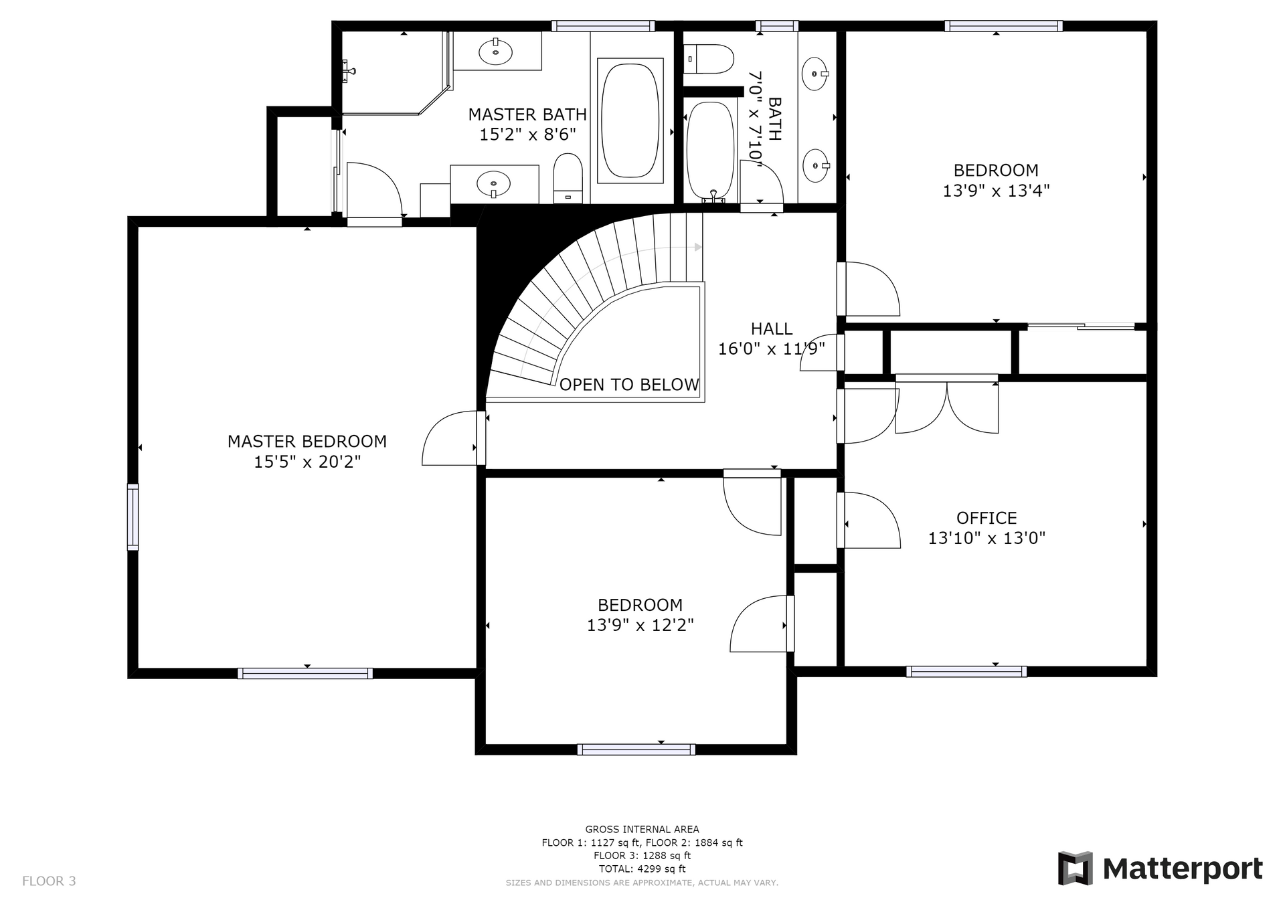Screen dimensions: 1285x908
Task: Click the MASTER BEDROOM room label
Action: [307, 442]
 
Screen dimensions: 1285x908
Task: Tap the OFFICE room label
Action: [987, 518]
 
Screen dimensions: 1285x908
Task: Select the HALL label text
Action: [772, 329]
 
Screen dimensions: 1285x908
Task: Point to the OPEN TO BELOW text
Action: [629, 385]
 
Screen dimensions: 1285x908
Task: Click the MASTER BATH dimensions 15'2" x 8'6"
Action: [527, 134]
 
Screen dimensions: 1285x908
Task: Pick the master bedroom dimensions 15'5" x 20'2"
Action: [307, 462]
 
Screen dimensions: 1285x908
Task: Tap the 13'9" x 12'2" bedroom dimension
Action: [640, 625]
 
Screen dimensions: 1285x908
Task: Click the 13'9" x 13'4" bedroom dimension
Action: [996, 191]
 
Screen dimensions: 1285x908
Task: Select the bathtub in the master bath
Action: [630, 120]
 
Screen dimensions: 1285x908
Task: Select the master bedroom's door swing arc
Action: [449, 438]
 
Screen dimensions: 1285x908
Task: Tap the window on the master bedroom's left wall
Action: [133, 517]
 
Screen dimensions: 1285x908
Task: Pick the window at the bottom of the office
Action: [966, 672]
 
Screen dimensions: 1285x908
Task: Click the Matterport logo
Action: [1161, 869]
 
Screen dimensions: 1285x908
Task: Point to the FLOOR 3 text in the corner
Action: [49, 881]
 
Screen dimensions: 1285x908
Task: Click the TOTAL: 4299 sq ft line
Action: [642, 869]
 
